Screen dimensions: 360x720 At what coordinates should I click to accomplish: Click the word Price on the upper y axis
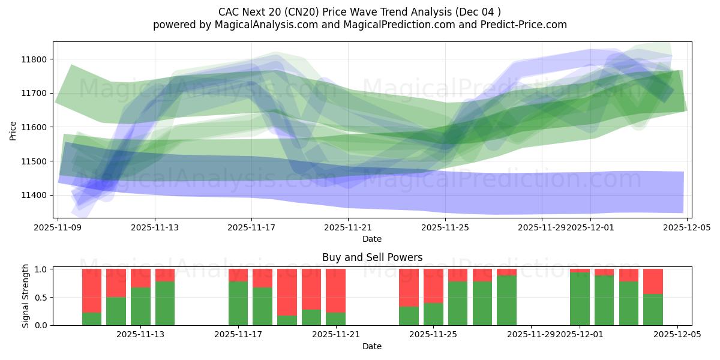pyautogui.click(x=13, y=130)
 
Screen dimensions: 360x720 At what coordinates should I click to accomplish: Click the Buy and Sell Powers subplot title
pyautogui.click(x=372, y=257)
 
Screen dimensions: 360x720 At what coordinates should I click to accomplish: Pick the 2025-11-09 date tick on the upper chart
pyautogui.click(x=58, y=228)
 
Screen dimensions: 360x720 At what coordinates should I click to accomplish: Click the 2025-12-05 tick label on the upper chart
pyautogui.click(x=687, y=228)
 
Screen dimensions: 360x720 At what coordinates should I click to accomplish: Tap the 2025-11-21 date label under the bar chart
pyautogui.click(x=335, y=335)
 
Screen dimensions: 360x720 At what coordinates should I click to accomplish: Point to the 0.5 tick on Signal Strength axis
pyautogui.click(x=41, y=298)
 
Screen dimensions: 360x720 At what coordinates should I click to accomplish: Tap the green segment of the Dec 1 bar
pyautogui.click(x=580, y=299)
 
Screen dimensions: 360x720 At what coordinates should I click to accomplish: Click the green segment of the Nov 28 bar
pyautogui.click(x=506, y=300)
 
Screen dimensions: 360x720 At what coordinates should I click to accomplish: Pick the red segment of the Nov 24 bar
pyautogui.click(x=409, y=287)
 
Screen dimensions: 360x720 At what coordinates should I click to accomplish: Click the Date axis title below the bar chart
pyautogui.click(x=372, y=346)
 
